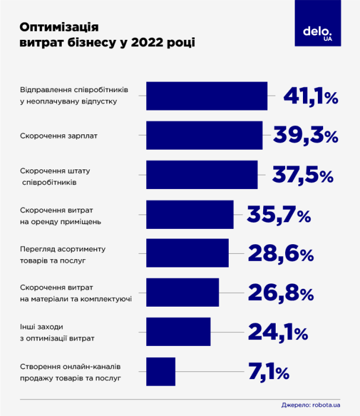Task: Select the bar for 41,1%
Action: (207, 96)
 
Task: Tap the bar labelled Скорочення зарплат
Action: (204, 135)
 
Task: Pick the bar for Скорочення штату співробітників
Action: (202, 175)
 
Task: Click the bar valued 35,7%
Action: (190, 215)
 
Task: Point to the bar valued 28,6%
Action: (187, 253)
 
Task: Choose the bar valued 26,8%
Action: (182, 292)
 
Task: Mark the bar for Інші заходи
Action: (178, 332)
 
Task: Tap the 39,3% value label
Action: (305, 135)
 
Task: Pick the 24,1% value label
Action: (277, 332)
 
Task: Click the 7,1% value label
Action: (269, 372)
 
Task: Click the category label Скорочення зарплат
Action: (59, 135)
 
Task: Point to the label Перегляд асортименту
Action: (63, 248)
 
